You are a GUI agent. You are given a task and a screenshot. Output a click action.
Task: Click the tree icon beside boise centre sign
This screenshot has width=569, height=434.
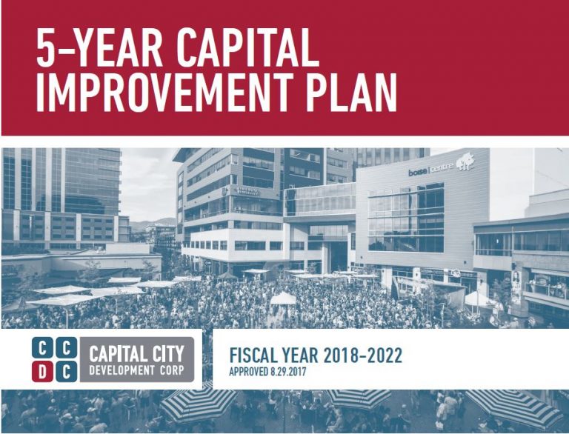465,161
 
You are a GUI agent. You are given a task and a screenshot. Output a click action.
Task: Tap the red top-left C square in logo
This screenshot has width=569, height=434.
44,348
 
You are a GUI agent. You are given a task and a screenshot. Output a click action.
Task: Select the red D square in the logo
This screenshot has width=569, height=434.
44,371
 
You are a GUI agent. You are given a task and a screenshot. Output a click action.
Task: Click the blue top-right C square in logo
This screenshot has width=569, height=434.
64,348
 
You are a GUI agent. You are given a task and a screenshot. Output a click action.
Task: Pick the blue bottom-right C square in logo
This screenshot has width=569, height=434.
64,371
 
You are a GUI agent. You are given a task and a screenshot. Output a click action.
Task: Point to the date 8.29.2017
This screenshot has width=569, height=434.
287,372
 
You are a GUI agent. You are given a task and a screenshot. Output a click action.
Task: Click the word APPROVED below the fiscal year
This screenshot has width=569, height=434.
249,372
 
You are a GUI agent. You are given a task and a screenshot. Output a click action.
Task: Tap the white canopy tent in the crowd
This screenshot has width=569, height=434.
282,298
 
